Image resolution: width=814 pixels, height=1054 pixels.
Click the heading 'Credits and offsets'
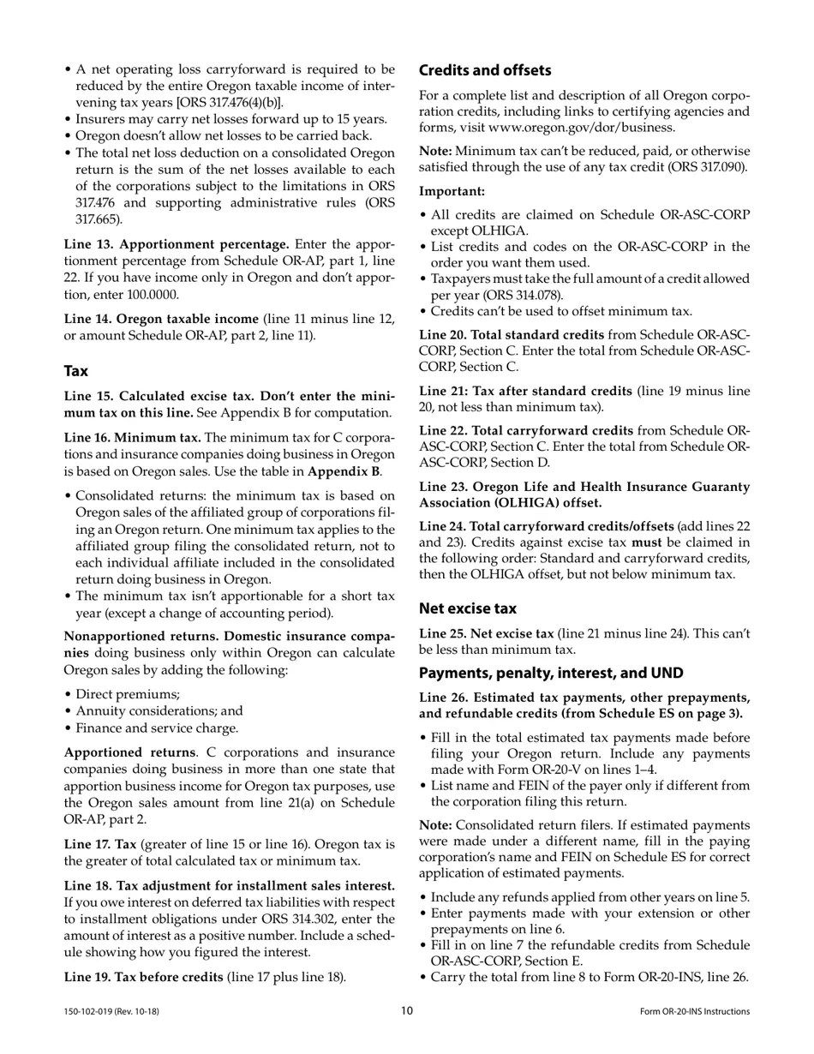click(x=484, y=70)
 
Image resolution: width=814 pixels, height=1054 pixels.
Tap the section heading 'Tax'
click(x=75, y=371)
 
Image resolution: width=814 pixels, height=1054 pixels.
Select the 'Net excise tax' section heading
click(x=467, y=608)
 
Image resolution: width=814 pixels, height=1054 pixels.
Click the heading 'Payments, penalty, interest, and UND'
click(x=551, y=673)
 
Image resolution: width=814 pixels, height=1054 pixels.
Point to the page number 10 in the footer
click(x=407, y=1011)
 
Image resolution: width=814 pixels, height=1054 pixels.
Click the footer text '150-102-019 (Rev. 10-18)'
click(x=111, y=1012)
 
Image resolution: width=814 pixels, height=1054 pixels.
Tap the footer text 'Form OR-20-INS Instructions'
click(x=694, y=1012)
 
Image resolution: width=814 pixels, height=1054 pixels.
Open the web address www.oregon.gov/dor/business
click(x=582, y=128)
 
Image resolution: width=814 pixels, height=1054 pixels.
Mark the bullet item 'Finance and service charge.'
click(x=157, y=728)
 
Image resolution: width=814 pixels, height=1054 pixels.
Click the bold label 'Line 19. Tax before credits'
click(x=144, y=977)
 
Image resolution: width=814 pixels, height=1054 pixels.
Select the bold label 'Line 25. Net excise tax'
click(x=486, y=633)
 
